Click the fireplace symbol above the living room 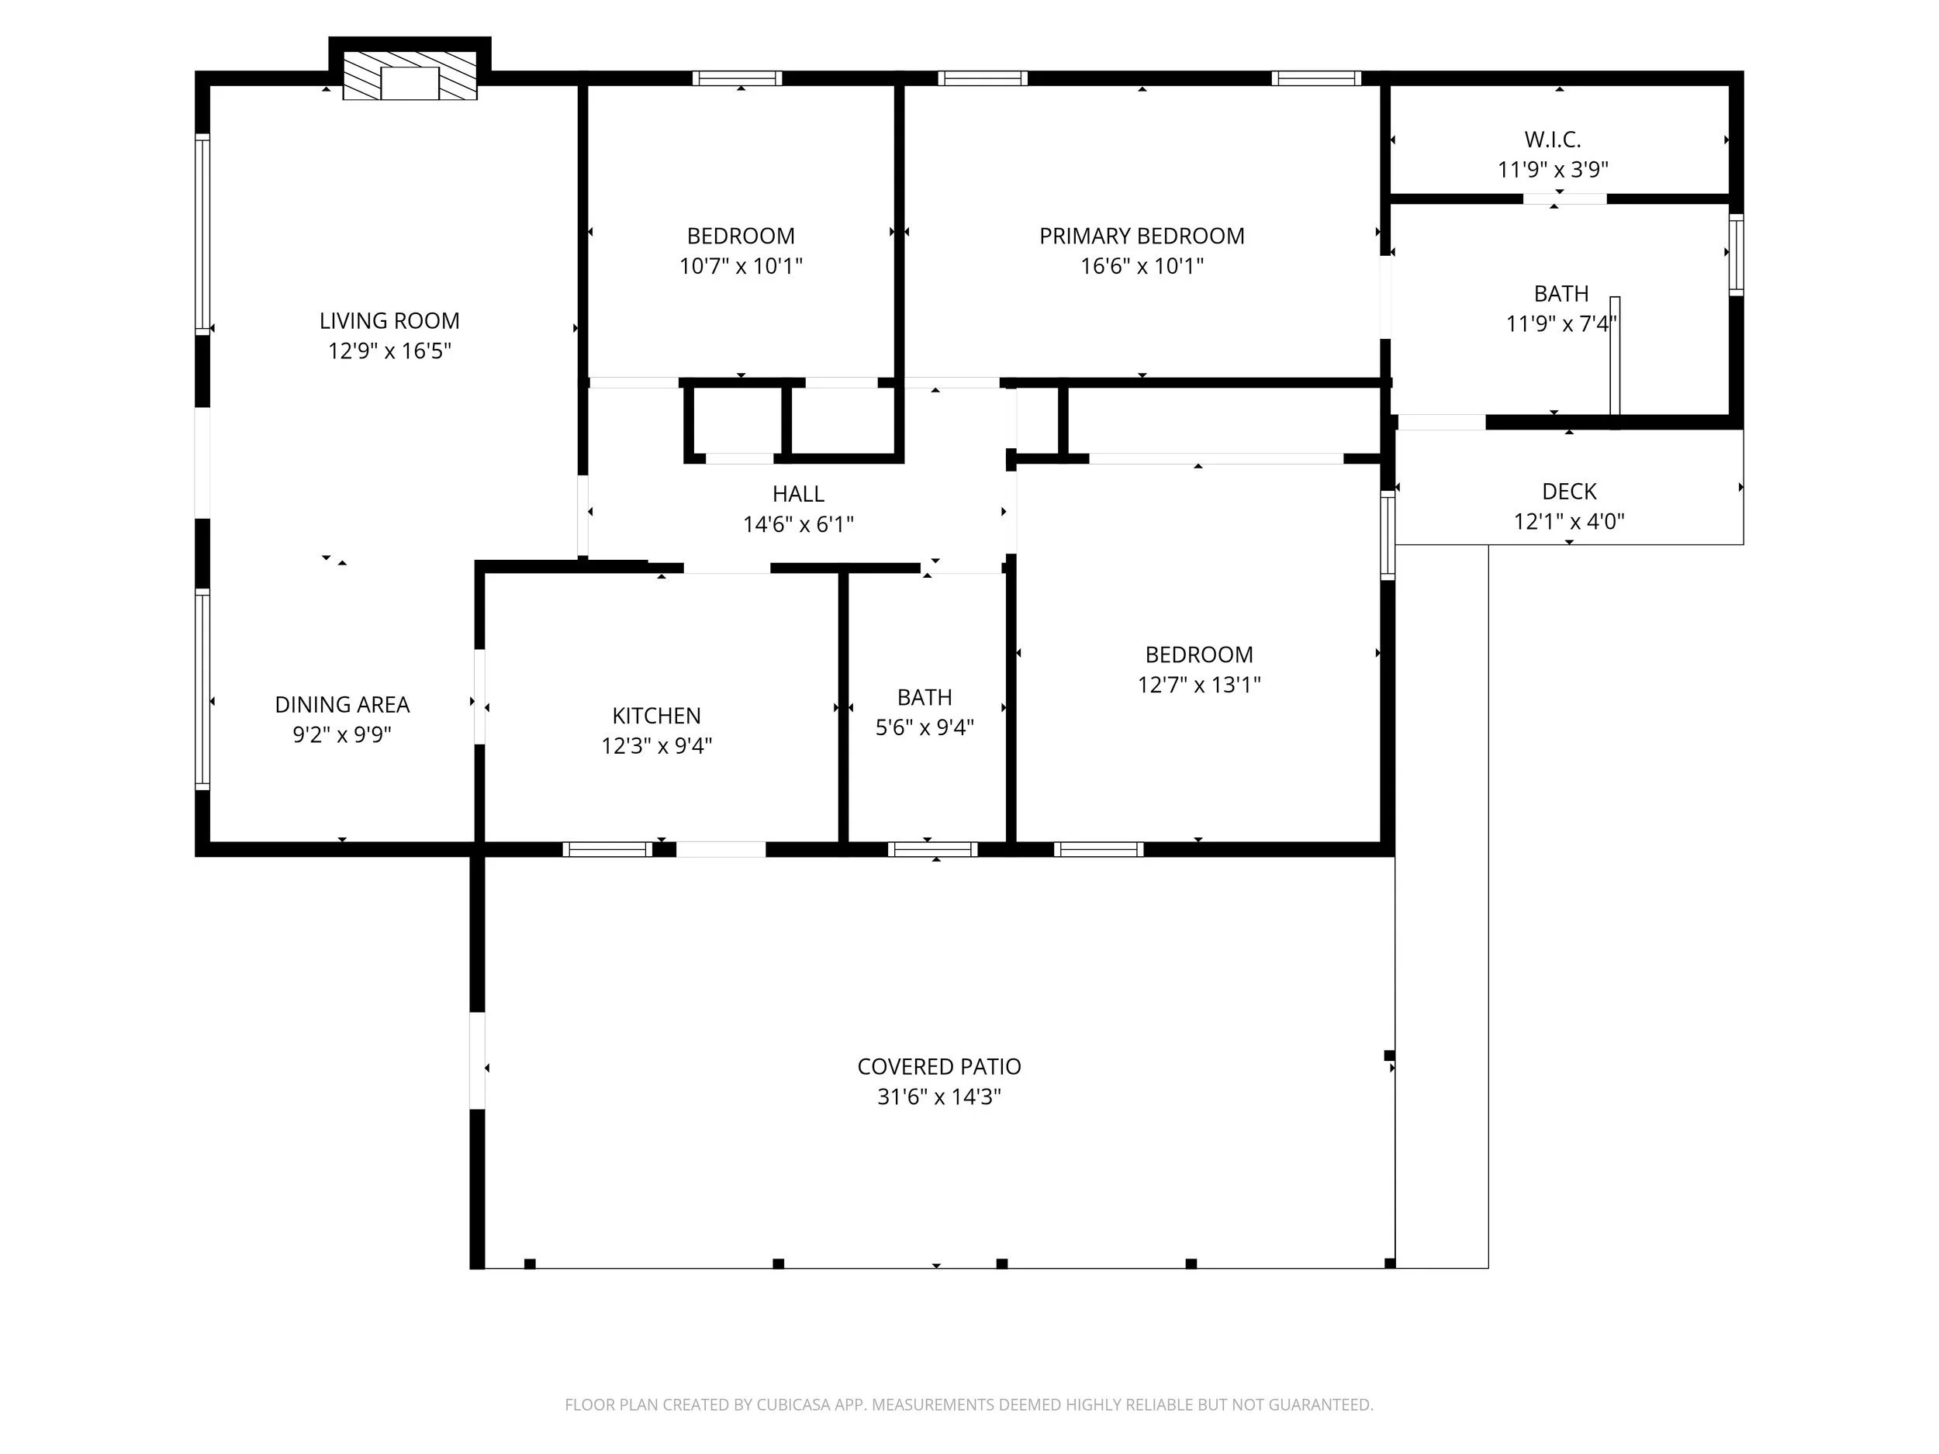410,77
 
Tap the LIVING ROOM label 389,321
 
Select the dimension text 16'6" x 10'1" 1142,265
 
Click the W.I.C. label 1553,140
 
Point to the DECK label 1568,491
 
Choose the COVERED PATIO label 938,1066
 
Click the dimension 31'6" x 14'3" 938,1097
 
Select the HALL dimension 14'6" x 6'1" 797,524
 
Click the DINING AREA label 342,705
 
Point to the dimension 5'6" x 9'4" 924,727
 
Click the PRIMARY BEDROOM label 1142,236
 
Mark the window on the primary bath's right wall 1736,254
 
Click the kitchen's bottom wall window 607,848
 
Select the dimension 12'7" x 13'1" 1198,685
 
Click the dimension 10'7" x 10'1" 741,265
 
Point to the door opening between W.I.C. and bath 1564,199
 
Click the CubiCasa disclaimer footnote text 969,1404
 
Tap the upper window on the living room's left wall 202,234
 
